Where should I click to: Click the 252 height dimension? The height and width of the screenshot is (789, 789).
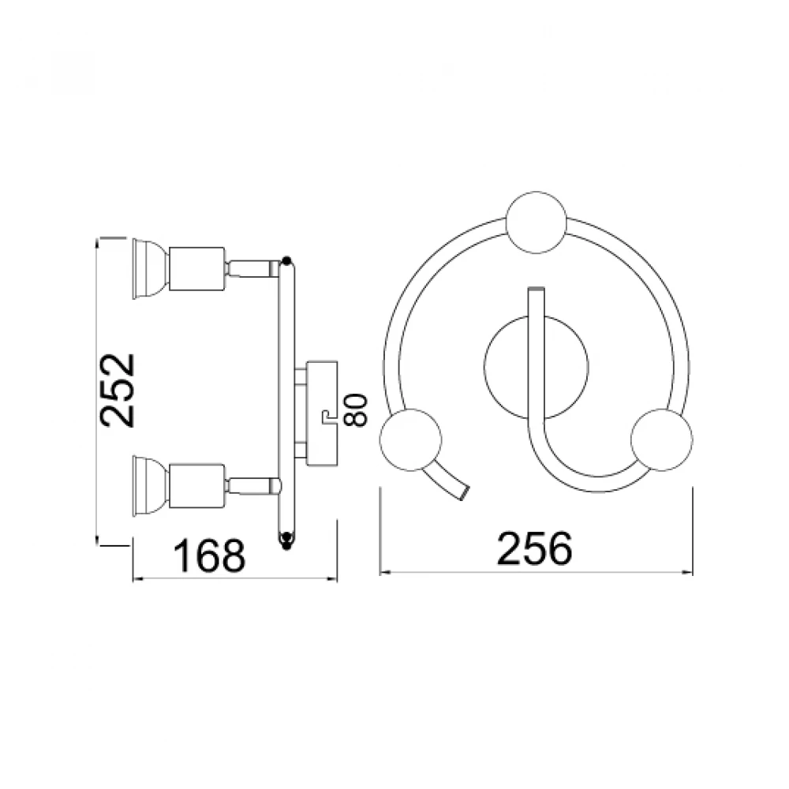(x=118, y=391)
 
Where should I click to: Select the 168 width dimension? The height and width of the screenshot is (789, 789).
(x=209, y=555)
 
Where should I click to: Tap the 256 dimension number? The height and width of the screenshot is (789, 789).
(x=534, y=548)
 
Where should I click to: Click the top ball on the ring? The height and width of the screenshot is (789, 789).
(x=537, y=222)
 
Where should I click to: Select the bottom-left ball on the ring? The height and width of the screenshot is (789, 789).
(x=410, y=439)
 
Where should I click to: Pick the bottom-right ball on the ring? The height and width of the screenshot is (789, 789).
(x=661, y=439)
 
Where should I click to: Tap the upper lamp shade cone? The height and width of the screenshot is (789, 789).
(x=151, y=269)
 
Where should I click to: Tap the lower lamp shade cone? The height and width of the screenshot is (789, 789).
(x=151, y=485)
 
